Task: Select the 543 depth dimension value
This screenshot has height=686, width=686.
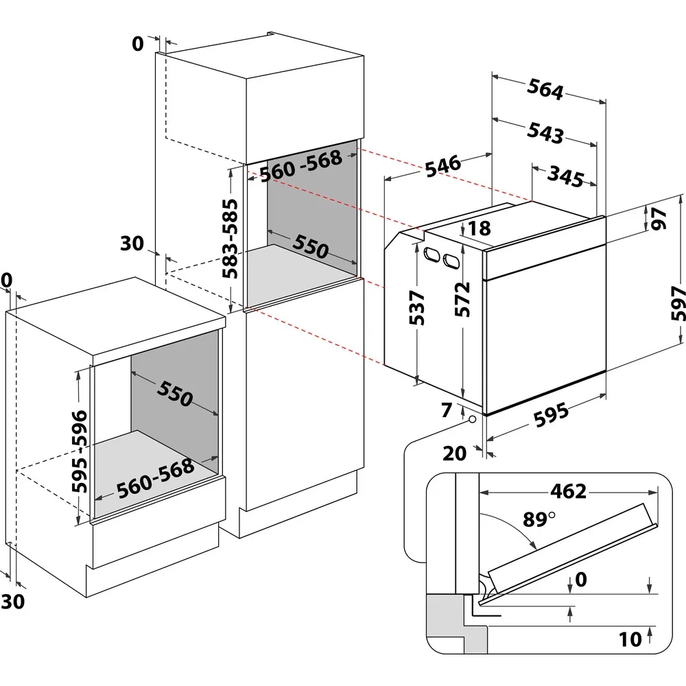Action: [546, 133]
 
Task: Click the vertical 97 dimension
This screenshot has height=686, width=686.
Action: [659, 218]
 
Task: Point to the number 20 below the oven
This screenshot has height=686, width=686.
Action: [456, 452]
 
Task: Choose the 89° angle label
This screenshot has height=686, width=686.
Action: [538, 519]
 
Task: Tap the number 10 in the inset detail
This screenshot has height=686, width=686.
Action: [630, 639]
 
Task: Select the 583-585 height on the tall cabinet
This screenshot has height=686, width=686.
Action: [230, 237]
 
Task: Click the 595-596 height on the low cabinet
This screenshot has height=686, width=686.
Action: [80, 452]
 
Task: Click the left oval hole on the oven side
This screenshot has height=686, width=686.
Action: [432, 254]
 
